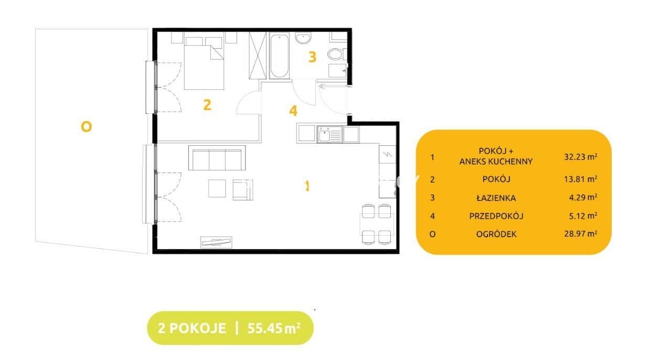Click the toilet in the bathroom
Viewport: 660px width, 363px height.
[336, 54]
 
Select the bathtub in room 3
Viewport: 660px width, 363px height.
[279, 56]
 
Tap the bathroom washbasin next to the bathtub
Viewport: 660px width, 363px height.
[303, 38]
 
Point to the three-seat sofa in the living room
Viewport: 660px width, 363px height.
[217, 158]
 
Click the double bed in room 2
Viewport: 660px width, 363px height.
[204, 63]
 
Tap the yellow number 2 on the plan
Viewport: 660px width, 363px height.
[207, 105]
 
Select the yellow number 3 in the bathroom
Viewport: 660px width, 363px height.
[312, 57]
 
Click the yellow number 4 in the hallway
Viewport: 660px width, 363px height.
[293, 111]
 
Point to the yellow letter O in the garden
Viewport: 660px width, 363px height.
[87, 127]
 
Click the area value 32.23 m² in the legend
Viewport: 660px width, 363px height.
[580, 156]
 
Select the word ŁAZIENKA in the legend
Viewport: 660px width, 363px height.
[496, 198]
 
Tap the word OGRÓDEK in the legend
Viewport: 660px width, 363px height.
[496, 234]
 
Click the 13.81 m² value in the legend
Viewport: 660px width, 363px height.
[580, 179]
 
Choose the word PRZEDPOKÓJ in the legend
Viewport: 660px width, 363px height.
[496, 216]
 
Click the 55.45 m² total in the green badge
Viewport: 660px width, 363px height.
[274, 328]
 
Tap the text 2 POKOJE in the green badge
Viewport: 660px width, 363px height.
[192, 328]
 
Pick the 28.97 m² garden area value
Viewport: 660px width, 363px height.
[580, 233]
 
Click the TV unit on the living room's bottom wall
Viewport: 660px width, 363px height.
[216, 242]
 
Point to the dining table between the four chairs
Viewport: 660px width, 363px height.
[377, 224]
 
